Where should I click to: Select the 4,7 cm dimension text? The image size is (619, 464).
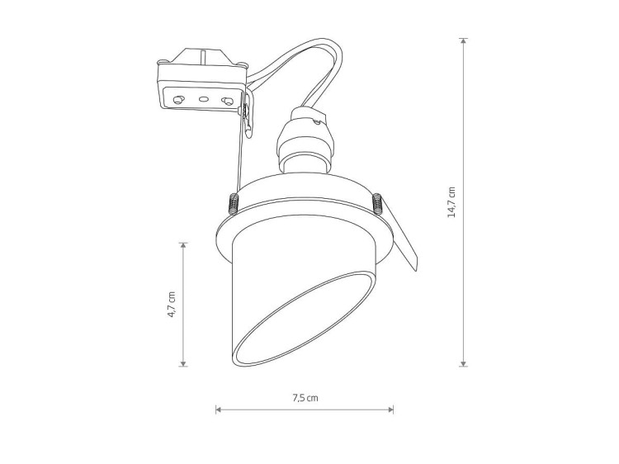point(172,304)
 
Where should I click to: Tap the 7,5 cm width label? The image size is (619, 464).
point(305,397)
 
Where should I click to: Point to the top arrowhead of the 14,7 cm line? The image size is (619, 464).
point(464,40)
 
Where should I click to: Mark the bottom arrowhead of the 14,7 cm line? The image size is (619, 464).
point(464,362)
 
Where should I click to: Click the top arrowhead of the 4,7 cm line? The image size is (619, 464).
point(184,245)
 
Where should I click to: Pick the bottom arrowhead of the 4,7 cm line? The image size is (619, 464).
point(184,362)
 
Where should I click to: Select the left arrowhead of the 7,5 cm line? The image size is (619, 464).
point(219,409)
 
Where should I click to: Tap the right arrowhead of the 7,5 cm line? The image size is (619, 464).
point(391,409)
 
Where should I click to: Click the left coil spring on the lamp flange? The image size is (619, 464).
point(232,201)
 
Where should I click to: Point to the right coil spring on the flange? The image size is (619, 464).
point(377,201)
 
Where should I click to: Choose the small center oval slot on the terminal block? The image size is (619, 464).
point(202,99)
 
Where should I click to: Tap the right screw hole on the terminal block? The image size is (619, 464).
point(226,100)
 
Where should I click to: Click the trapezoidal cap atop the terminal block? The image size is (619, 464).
point(201,59)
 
